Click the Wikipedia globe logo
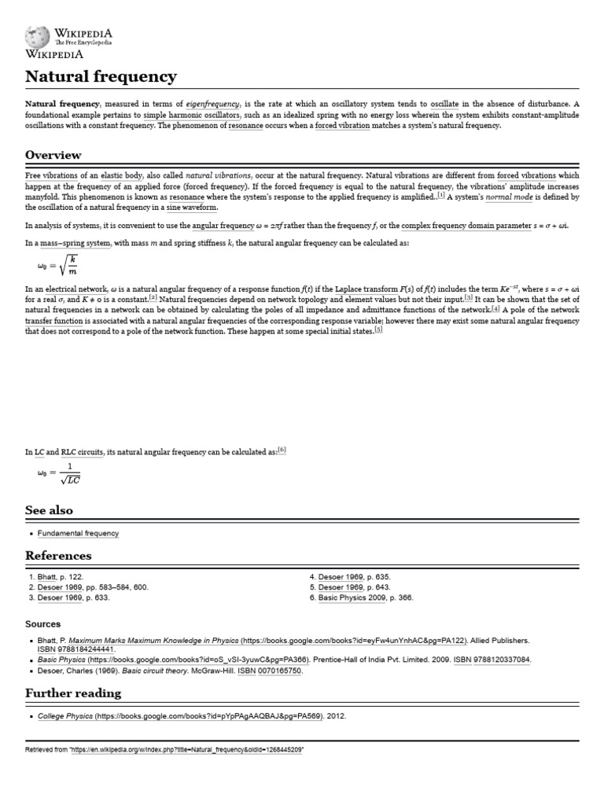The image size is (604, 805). [36, 36]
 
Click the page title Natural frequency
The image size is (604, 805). [101, 77]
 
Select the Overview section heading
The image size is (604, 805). [53, 155]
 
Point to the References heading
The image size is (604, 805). [58, 556]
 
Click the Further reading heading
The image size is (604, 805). [73, 693]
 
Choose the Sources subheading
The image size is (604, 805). [44, 623]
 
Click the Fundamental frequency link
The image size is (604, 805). [78, 533]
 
